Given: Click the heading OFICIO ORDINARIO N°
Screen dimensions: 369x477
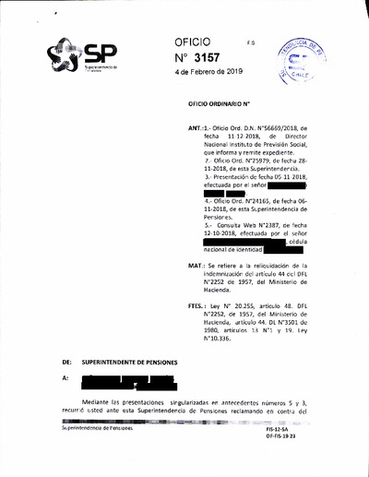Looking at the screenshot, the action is [223, 111].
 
